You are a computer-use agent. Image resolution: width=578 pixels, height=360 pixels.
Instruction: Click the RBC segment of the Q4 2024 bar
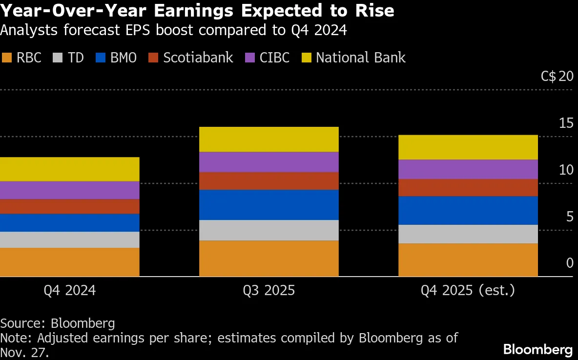pos(69,262)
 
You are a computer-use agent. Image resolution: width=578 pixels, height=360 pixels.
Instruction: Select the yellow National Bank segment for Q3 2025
pos(268,139)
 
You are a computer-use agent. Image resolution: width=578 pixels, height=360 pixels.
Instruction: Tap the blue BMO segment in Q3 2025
pos(268,205)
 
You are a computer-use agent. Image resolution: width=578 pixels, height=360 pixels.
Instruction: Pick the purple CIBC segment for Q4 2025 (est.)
pos(468,169)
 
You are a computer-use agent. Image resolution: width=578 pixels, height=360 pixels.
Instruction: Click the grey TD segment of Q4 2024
pos(69,240)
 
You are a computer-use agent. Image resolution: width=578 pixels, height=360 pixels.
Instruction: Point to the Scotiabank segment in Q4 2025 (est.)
pos(468,188)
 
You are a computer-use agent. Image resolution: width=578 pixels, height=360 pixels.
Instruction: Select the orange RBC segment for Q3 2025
pos(268,259)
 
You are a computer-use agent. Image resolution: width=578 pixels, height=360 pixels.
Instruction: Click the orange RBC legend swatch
pos(6,58)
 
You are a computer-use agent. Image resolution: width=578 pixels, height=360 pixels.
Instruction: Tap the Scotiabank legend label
pos(198,58)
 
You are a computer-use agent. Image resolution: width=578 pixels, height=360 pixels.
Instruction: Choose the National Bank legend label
pos(360,58)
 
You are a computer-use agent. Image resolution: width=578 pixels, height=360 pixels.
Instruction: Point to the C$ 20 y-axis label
pos(557,77)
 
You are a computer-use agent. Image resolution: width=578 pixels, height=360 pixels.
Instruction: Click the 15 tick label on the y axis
pos(566,123)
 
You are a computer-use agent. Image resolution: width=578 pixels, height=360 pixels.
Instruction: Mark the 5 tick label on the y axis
pos(569,216)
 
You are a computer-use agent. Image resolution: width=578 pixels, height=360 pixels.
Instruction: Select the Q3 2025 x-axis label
pos(269,291)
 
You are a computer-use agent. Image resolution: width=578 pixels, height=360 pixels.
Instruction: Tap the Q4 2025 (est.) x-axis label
pos(468,291)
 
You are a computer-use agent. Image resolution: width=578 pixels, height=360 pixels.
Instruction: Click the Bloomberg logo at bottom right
pos(537,349)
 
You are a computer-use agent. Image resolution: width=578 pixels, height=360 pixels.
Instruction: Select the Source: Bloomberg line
pos(58,323)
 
